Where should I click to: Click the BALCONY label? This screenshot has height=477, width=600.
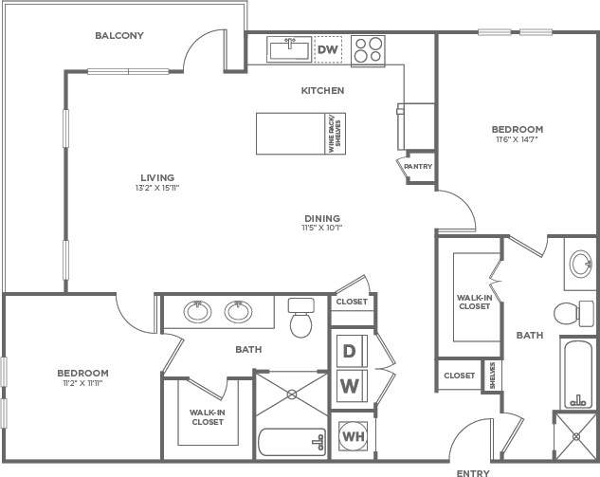pyautogui.click(x=118, y=36)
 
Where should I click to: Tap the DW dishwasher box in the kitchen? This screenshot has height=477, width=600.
pyautogui.click(x=328, y=49)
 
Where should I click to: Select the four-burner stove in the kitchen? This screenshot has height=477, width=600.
pyautogui.click(x=366, y=49)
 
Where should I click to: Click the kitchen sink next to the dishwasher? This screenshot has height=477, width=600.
pyautogui.click(x=285, y=47)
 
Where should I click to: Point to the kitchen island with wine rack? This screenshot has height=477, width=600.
pyautogui.click(x=298, y=132)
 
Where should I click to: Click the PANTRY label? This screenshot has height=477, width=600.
pyautogui.click(x=417, y=167)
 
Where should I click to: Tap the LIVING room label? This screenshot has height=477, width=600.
pyautogui.click(x=157, y=177)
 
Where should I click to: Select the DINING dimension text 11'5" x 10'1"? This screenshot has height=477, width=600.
pyautogui.click(x=321, y=229)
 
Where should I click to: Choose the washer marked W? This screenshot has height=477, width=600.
pyautogui.click(x=349, y=386)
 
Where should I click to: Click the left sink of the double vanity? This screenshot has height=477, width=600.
pyautogui.click(x=198, y=311)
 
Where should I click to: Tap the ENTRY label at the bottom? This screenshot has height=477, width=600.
pyautogui.click(x=473, y=471)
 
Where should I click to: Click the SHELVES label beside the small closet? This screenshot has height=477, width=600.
pyautogui.click(x=493, y=375)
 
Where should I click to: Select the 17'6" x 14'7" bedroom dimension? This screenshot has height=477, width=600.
pyautogui.click(x=517, y=140)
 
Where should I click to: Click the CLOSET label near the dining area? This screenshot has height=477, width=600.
pyautogui.click(x=352, y=302)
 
